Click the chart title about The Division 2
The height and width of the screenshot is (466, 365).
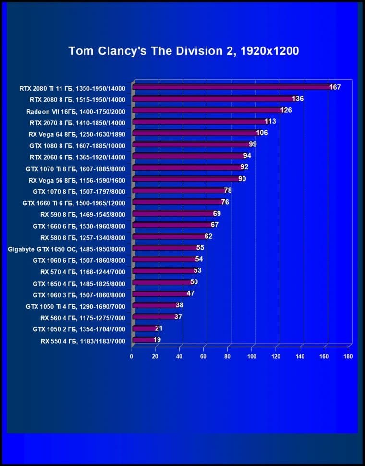point(183,51)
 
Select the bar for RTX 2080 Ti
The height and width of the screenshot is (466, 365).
point(231,87)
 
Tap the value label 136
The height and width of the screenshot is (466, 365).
point(298,99)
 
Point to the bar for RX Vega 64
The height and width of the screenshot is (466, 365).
point(195,133)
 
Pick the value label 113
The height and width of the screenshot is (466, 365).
point(270,122)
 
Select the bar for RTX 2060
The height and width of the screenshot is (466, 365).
point(187,156)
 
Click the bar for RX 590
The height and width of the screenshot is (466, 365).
point(172,214)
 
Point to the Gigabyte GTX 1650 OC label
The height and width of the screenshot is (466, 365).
point(67,249)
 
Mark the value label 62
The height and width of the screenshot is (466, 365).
point(208,236)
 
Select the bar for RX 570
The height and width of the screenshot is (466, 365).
point(163,271)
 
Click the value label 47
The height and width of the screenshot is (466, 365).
point(190,293)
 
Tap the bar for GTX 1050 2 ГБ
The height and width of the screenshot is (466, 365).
point(143,329)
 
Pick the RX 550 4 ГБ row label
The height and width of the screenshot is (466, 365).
point(83,341)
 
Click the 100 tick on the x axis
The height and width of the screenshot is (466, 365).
point(252,357)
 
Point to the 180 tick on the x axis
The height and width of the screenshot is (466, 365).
point(348,357)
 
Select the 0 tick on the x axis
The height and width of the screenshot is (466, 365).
point(131,357)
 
